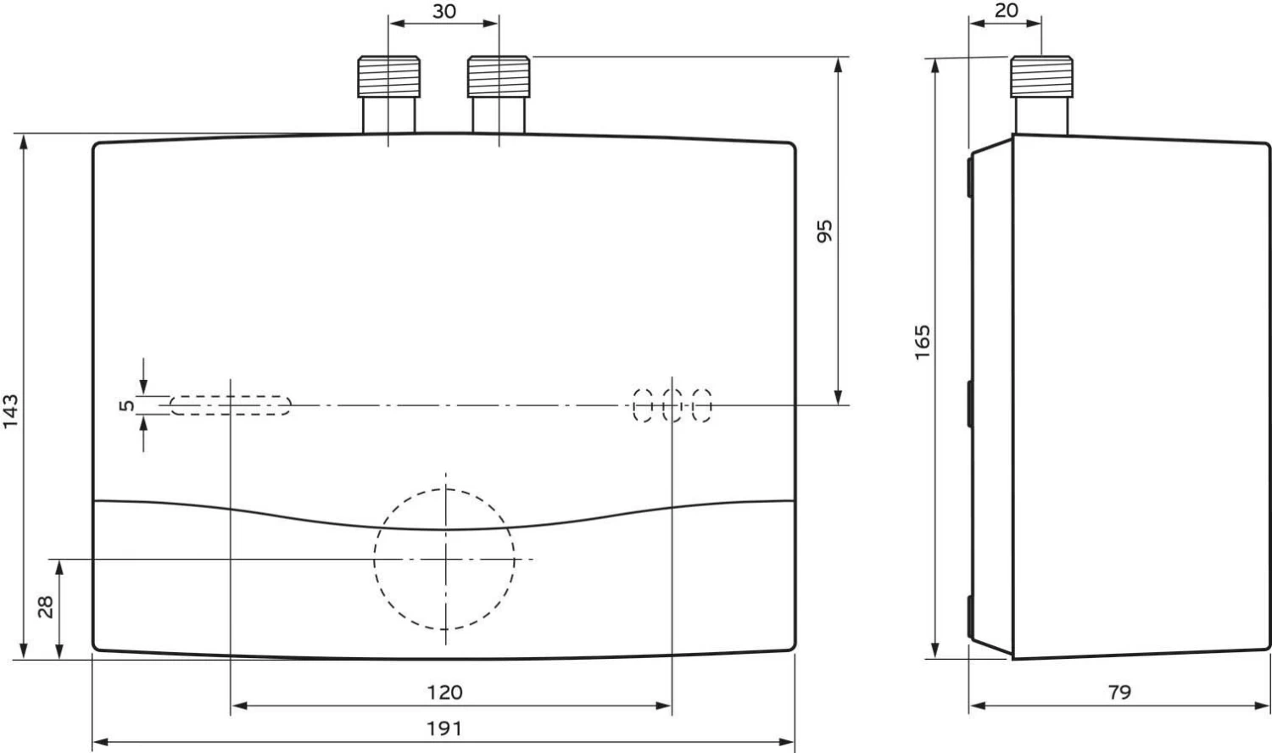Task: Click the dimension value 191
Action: [444, 728]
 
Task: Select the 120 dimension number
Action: [444, 692]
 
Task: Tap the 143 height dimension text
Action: [11, 412]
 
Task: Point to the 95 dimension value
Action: [824, 231]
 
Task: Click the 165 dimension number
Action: [923, 342]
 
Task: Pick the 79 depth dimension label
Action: [1120, 692]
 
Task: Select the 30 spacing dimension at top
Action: [444, 11]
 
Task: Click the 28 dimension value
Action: [46, 607]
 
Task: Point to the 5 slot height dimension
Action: [127, 405]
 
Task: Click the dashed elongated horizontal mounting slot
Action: [231, 405]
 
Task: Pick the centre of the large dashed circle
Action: [445, 560]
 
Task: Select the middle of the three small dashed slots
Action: [672, 405]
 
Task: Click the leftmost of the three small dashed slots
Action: [643, 405]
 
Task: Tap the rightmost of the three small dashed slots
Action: [702, 405]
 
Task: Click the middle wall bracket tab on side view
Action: [970, 404]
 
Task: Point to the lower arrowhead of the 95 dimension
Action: [838, 397]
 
